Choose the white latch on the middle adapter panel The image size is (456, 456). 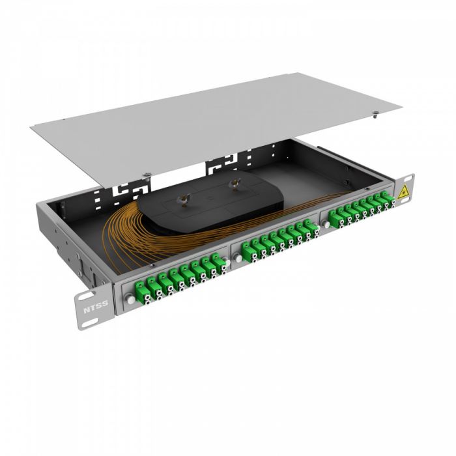tap(238, 257)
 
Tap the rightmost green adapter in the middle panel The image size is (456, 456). tap(310, 227)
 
